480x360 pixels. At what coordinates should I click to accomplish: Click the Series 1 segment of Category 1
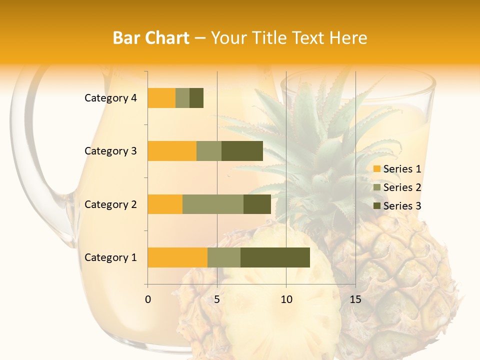click(177, 257)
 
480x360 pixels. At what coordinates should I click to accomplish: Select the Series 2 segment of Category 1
click(224, 257)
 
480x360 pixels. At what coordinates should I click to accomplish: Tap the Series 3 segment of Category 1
click(275, 257)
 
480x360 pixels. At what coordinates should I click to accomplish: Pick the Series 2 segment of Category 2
click(213, 204)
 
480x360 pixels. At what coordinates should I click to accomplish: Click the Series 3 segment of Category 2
click(257, 204)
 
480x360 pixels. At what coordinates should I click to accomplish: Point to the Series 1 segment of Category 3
click(172, 151)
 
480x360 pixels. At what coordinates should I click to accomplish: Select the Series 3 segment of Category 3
click(242, 151)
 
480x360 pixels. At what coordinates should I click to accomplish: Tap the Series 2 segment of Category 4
click(182, 98)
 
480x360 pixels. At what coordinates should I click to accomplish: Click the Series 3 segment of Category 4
click(196, 98)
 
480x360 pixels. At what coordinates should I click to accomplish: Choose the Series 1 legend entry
click(397, 169)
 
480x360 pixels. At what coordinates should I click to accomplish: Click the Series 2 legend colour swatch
click(377, 187)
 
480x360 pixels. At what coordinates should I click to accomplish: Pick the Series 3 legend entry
click(397, 206)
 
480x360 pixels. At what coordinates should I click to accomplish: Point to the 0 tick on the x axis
click(148, 299)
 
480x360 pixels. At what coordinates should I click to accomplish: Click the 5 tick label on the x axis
click(217, 299)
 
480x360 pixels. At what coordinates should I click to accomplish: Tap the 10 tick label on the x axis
click(286, 299)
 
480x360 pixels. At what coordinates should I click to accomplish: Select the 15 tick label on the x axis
click(355, 299)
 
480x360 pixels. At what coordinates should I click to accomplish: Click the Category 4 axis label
click(110, 98)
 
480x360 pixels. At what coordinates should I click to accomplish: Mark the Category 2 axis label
click(110, 204)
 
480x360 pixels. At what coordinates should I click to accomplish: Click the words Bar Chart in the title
click(151, 38)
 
